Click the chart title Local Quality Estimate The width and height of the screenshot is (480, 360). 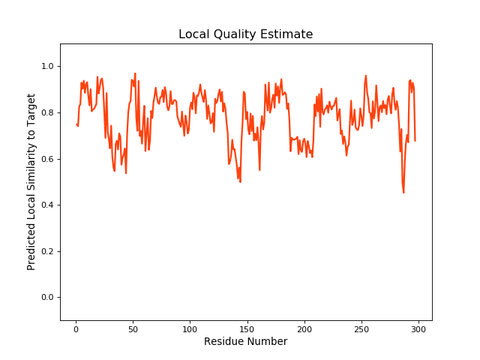(245, 34)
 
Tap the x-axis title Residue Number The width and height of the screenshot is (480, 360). (245, 341)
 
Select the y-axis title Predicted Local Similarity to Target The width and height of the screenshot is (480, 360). (31, 182)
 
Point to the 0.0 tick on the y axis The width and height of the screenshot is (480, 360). (46, 298)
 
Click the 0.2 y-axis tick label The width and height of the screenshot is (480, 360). (46, 251)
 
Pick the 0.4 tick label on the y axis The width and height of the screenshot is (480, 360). (46, 205)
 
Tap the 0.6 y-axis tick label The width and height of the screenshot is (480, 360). (46, 159)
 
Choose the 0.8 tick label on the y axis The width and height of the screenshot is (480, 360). (46, 113)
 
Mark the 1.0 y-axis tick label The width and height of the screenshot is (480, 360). (46, 67)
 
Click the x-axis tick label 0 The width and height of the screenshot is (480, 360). (76, 328)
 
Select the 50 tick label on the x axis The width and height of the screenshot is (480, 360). (133, 328)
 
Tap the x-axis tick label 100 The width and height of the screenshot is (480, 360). (190, 328)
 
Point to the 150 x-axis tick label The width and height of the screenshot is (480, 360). (247, 328)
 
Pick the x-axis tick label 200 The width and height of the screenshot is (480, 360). (304, 328)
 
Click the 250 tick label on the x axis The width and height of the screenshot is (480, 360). (361, 328)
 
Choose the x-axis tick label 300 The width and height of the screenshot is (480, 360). (418, 328)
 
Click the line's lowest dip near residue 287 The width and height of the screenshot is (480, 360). (403, 192)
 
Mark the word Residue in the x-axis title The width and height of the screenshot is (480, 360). (223, 341)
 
